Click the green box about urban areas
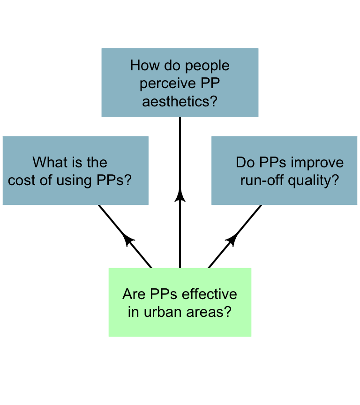point(180,302)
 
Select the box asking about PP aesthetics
point(180,82)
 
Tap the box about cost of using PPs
point(75,171)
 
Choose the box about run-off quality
point(285,171)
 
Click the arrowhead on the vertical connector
point(180,195)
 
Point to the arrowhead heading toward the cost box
point(127,240)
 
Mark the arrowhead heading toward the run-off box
point(232,240)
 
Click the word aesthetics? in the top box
point(180,101)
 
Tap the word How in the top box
point(145,65)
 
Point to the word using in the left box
point(74,181)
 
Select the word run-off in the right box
point(262,180)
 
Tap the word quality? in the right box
point(313,181)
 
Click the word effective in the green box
point(210,294)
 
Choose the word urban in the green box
point(163,312)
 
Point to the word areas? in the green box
point(209,312)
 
